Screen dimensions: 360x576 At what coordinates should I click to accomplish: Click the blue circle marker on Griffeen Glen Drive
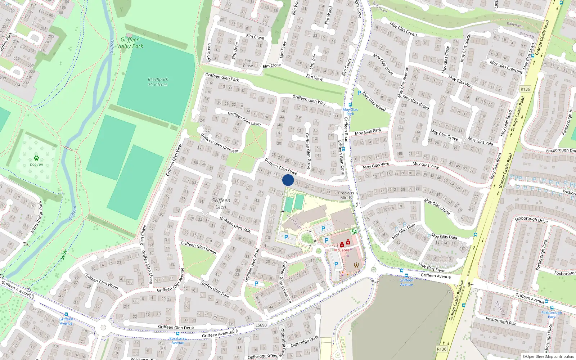pos(288,180)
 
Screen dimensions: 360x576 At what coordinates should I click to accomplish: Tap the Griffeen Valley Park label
pos(130,43)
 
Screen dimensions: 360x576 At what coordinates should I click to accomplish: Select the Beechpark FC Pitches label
pos(158,82)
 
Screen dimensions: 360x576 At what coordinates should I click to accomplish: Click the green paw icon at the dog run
pos(36,158)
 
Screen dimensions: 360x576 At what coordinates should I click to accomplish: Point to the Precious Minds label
pos(346,195)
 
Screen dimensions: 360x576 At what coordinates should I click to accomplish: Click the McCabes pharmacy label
pos(342,250)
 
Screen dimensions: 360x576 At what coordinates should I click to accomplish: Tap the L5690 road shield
pos(261,325)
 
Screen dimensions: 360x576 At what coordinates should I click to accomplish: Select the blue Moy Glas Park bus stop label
pos(350,111)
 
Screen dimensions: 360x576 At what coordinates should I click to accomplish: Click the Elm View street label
pos(314,77)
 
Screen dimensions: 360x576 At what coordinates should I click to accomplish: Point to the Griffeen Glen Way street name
pos(309,100)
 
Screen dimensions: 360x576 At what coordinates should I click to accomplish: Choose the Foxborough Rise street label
pos(501,321)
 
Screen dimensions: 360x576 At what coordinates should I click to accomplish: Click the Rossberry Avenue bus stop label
pos(178,340)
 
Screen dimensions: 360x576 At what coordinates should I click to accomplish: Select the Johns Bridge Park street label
pos(37,217)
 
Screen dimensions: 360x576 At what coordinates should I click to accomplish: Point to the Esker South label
pos(294,222)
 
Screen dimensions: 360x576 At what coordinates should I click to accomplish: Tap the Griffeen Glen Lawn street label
pos(244,118)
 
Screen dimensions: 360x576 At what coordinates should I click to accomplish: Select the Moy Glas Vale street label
pos(480,140)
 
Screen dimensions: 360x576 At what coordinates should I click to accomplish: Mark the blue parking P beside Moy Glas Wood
pos(359,93)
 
